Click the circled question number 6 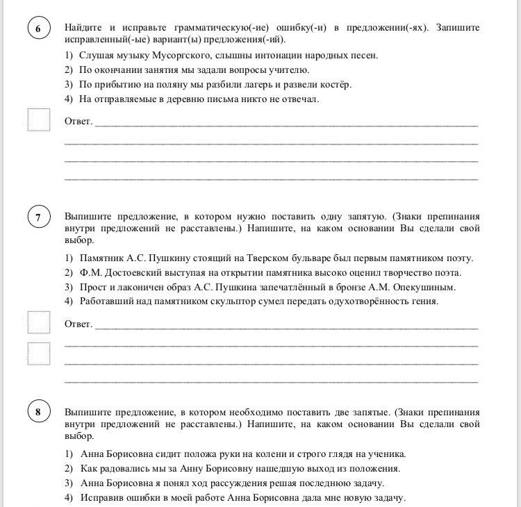38,28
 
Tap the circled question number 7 38,217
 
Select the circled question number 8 38,412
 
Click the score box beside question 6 39,119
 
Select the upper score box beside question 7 39,322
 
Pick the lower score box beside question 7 39,354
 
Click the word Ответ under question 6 78,122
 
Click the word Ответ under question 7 78,324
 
